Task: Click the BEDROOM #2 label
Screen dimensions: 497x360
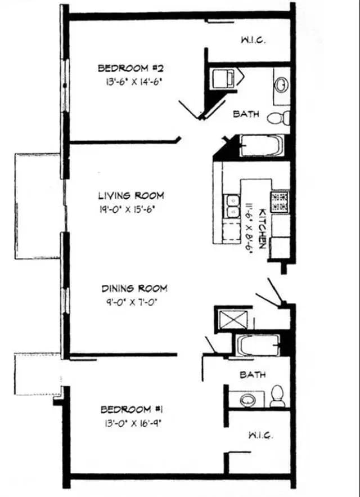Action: tap(130, 68)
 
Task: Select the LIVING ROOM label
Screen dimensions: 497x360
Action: tap(131, 196)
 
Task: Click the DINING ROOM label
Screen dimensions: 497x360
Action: tap(134, 288)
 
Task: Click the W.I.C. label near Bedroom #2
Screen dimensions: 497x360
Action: tap(253, 40)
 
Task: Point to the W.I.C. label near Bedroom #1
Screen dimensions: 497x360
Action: tap(260, 435)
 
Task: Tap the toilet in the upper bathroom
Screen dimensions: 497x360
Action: tap(278, 118)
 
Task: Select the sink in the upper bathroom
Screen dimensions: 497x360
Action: tap(281, 85)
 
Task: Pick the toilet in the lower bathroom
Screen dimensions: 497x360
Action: tap(277, 395)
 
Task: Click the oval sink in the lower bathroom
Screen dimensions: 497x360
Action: tap(248, 400)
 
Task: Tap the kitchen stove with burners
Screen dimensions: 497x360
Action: tap(279, 201)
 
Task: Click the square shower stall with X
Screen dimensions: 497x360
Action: tap(229, 319)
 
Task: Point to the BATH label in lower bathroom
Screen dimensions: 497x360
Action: tap(253, 374)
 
